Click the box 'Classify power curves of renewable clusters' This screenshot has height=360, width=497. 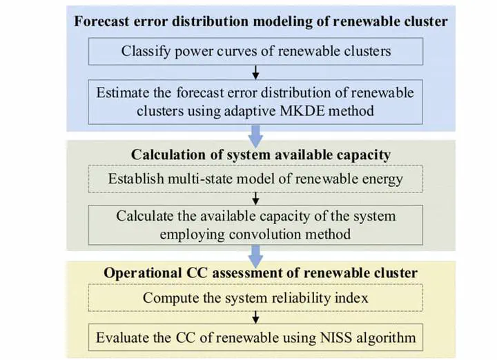[255, 51]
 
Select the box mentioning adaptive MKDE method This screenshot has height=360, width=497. [255, 102]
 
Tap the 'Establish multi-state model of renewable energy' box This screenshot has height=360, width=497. [255, 179]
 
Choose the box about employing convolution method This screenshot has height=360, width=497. [255, 225]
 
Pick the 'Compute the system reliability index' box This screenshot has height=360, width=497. [255, 298]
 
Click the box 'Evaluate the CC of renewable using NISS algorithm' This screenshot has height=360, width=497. [255, 337]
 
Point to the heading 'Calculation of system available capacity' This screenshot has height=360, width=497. [260, 155]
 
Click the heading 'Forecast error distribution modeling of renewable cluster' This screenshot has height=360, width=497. [260, 21]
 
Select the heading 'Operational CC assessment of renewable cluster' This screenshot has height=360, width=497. [260, 273]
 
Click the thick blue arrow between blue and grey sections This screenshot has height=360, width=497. [255, 136]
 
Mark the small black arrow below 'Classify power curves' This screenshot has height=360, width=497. [255, 72]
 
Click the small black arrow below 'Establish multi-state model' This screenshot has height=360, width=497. [255, 199]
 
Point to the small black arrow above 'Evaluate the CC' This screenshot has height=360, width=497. [255, 317]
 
